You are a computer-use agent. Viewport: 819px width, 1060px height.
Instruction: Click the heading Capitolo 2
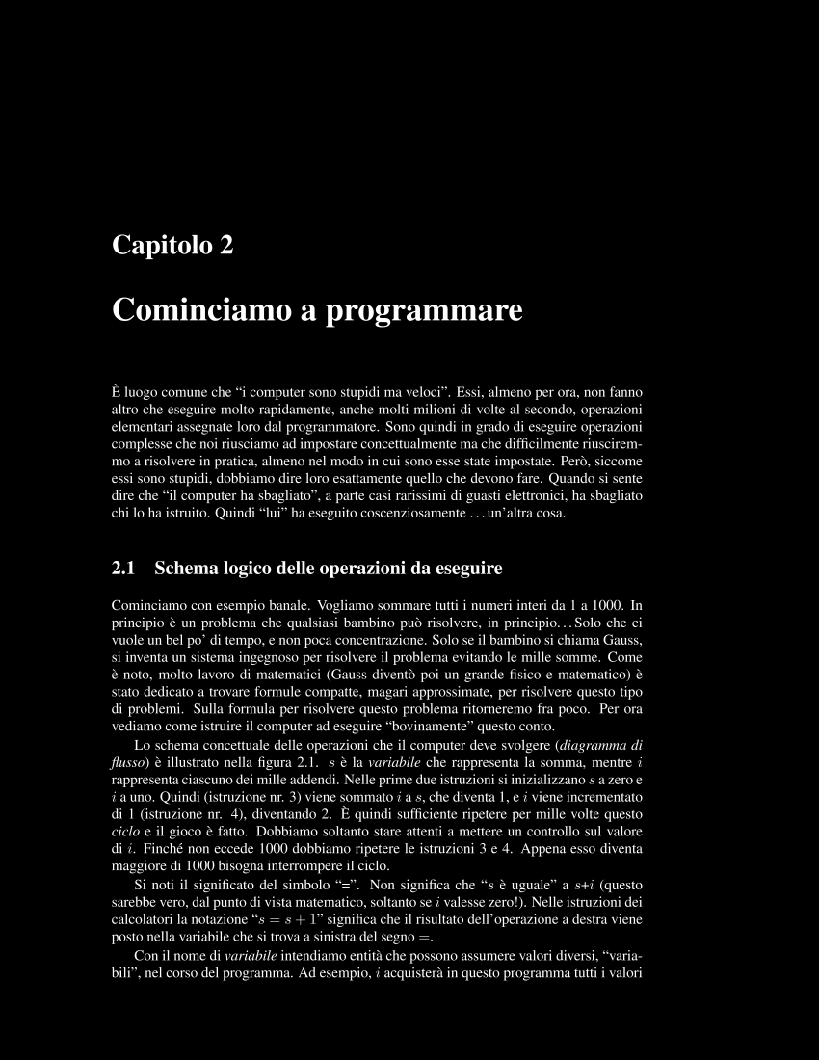click(173, 245)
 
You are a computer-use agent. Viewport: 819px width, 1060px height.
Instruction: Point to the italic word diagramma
click(596, 745)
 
